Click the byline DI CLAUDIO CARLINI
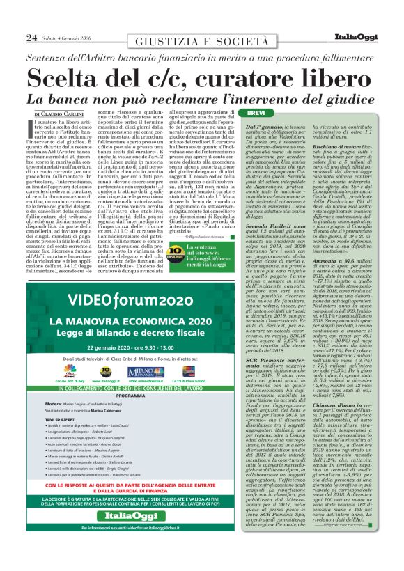(60, 113)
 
